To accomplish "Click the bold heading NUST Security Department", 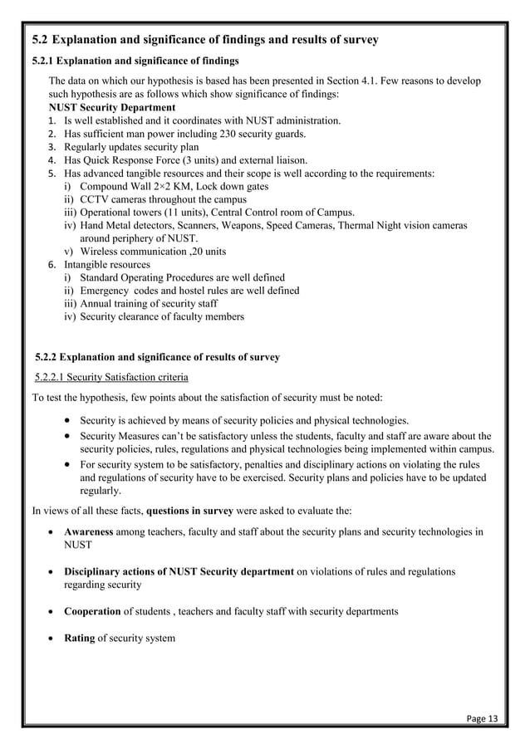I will click(x=112, y=108).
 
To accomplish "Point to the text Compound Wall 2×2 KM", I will click(x=134, y=186).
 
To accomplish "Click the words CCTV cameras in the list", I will click(x=115, y=199).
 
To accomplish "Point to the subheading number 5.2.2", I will click(x=51, y=358).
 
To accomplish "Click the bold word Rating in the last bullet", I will click(x=80, y=638).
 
